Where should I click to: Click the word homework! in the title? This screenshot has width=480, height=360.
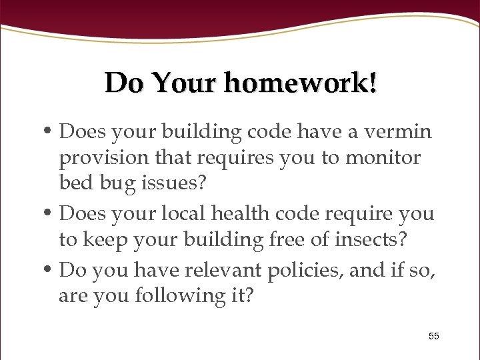click(x=300, y=83)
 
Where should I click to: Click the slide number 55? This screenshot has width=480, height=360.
click(x=434, y=336)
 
